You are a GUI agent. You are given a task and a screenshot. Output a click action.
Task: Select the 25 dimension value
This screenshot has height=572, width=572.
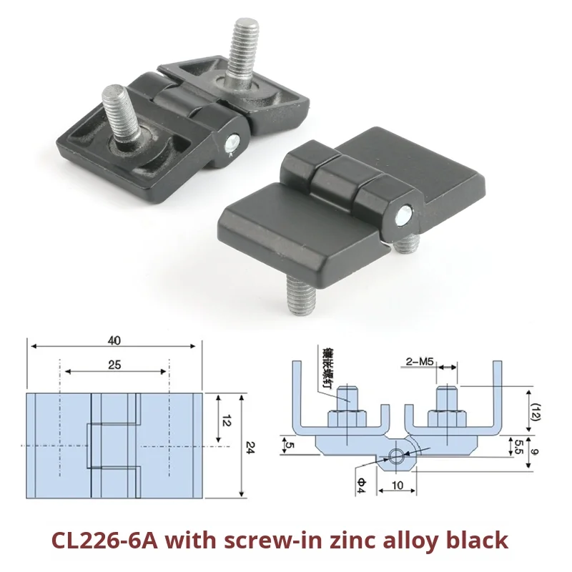(115, 365)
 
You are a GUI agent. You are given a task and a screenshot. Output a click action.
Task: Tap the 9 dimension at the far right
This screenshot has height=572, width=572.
(545, 450)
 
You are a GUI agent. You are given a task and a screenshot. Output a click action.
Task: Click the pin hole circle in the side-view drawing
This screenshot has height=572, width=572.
(397, 456)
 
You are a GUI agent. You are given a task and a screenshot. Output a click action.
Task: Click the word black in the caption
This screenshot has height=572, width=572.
(477, 540)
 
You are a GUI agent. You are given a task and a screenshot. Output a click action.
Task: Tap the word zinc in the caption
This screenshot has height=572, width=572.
(342, 540)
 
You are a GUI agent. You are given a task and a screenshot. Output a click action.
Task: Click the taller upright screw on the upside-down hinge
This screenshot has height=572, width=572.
(242, 50)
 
